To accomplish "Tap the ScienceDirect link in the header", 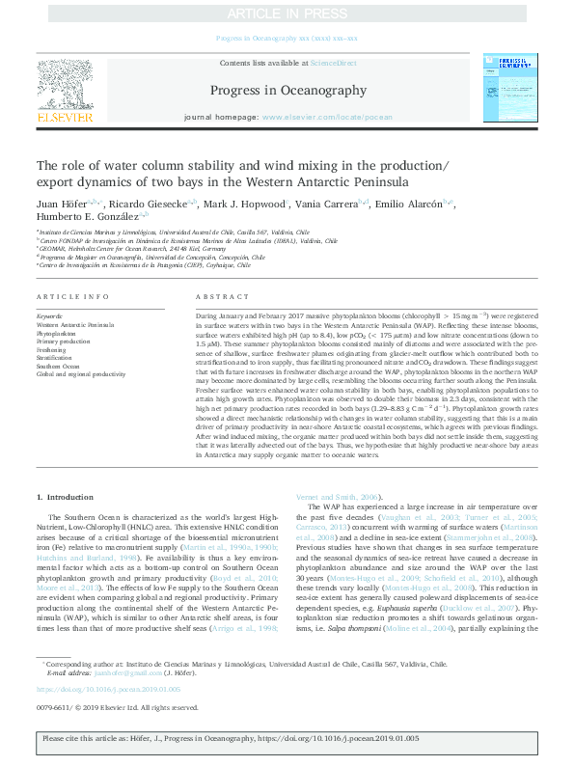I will click(x=333, y=63).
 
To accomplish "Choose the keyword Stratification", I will click(x=57, y=357).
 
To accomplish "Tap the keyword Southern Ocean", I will click(x=59, y=366).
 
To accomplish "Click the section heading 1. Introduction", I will click(x=66, y=496).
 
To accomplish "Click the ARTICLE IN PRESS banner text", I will click(x=287, y=14).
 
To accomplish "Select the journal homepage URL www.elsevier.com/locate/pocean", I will click(x=327, y=117).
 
